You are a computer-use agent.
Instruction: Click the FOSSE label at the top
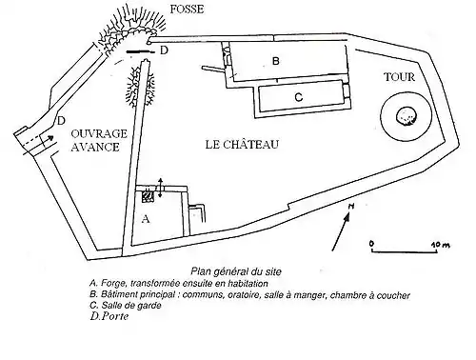pyautogui.click(x=187, y=10)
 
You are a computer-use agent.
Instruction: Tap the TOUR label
pyautogui.click(x=400, y=77)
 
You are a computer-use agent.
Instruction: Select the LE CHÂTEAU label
pyautogui.click(x=242, y=145)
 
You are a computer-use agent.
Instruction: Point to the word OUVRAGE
pyautogui.click(x=99, y=133)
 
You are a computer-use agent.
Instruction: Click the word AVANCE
pyautogui.click(x=95, y=147)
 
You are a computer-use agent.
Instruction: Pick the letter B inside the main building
pyautogui.click(x=276, y=61)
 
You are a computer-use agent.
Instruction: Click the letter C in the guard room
pyautogui.click(x=299, y=97)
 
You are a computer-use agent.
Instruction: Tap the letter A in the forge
pyautogui.click(x=146, y=219)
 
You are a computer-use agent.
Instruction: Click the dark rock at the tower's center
pyautogui.click(x=407, y=116)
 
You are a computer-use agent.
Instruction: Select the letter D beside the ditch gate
pyautogui.click(x=164, y=50)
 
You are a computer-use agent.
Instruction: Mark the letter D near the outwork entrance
pyautogui.click(x=61, y=121)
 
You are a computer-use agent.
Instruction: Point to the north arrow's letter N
pyautogui.click(x=350, y=207)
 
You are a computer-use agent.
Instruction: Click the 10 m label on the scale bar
pyautogui.click(x=441, y=245)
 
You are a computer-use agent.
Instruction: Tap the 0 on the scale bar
pyautogui.click(x=371, y=244)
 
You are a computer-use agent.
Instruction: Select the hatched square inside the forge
pyautogui.click(x=148, y=196)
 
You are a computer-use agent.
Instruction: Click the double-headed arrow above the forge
pyautogui.click(x=160, y=188)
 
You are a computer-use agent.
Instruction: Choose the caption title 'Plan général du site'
pyautogui.click(x=236, y=271)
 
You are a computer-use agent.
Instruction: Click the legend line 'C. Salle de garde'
pyautogui.click(x=126, y=306)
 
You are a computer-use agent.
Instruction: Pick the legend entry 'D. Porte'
pyautogui.click(x=109, y=316)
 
